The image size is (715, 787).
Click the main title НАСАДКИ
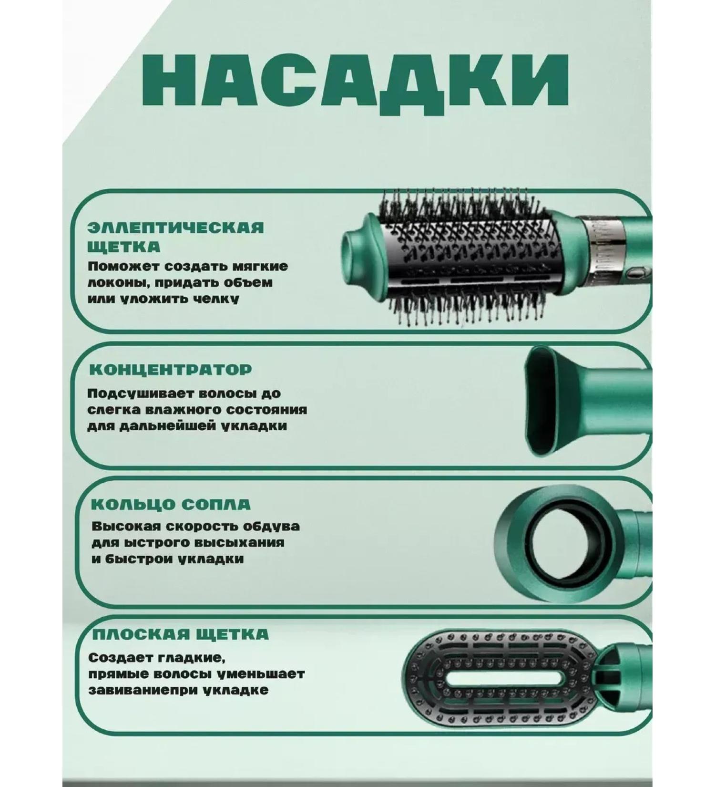[x=355, y=83]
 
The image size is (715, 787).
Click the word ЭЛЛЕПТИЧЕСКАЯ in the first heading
[x=175, y=227]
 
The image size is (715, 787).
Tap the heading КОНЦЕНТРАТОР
[x=171, y=370]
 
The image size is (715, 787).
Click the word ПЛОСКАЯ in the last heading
[x=134, y=634]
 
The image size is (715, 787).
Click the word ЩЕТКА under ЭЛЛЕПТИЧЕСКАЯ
[x=124, y=247]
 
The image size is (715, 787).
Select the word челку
[x=214, y=299]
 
